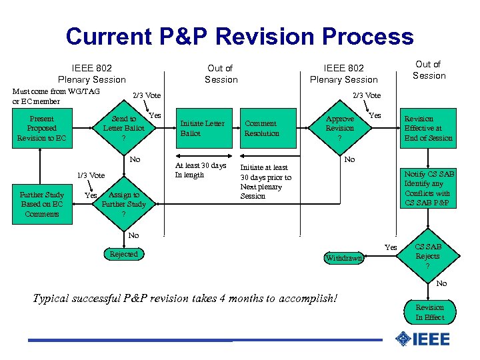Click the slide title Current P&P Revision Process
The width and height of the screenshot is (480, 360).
click(239, 36)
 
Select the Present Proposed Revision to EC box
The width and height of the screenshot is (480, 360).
click(41, 129)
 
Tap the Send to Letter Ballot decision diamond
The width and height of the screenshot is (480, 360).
click(123, 129)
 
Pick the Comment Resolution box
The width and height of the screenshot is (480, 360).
click(262, 128)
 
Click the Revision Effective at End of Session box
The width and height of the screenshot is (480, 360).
click(428, 129)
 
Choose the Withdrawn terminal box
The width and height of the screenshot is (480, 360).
click(343, 258)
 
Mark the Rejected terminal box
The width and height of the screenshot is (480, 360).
click(124, 254)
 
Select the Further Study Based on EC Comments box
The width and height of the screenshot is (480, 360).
click(41, 205)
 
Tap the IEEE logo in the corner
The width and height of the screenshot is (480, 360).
click(422, 339)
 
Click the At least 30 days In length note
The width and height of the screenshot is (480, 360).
click(201, 170)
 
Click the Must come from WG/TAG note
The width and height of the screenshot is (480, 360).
click(57, 96)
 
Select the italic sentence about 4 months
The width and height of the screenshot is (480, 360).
click(185, 298)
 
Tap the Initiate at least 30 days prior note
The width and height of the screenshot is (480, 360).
click(265, 182)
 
